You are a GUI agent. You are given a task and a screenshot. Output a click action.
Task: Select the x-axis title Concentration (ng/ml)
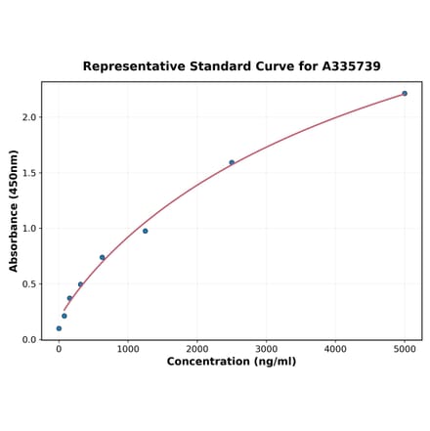[231, 362]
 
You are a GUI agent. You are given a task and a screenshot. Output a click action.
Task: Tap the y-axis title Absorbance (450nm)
[14, 210]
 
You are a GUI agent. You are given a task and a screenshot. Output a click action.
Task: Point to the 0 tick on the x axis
[59, 348]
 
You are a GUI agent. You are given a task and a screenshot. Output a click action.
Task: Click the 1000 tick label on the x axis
[128, 348]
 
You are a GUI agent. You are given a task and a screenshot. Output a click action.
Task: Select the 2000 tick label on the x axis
[197, 348]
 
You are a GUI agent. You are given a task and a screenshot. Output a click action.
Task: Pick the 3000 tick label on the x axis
[266, 348]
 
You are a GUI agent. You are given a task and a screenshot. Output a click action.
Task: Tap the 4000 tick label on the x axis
[335, 348]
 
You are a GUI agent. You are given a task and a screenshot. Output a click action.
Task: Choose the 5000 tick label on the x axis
[405, 348]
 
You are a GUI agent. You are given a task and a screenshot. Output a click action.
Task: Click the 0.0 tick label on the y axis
[28, 340]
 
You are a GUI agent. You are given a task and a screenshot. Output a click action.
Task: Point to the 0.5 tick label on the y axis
[28, 284]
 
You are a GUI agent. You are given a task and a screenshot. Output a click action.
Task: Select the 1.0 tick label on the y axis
[28, 229]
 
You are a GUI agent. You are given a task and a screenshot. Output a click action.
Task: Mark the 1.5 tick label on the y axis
[28, 173]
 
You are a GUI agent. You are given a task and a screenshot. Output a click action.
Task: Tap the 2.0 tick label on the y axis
[28, 117]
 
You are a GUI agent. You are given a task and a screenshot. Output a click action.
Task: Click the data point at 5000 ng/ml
[405, 94]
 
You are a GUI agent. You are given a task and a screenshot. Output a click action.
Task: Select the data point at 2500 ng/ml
[232, 162]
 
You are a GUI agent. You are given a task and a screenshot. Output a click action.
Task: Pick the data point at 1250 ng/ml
[146, 231]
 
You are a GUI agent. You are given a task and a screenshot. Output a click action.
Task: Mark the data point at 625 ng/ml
[102, 258]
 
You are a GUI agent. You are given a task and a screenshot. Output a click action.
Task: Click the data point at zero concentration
[59, 328]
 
